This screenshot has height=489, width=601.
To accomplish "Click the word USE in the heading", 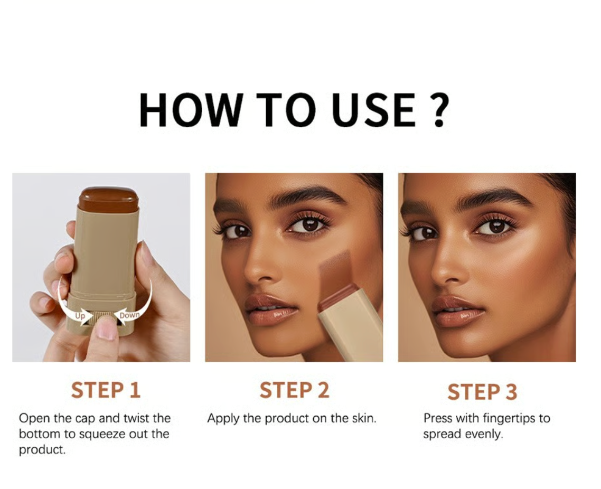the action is [x=374, y=110].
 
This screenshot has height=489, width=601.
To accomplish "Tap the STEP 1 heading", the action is [x=106, y=390].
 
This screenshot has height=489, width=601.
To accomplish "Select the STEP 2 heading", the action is [x=294, y=390].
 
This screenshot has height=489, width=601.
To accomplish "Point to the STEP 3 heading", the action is [x=482, y=392].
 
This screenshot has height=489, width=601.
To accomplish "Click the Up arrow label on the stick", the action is [x=80, y=316].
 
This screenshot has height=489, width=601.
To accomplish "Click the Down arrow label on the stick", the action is [x=129, y=315].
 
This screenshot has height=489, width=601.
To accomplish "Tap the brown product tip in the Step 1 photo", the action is [x=108, y=199].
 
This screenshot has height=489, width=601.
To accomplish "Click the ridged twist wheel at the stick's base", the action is [x=102, y=316].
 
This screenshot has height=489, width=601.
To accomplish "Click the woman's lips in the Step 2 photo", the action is [x=270, y=310].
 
